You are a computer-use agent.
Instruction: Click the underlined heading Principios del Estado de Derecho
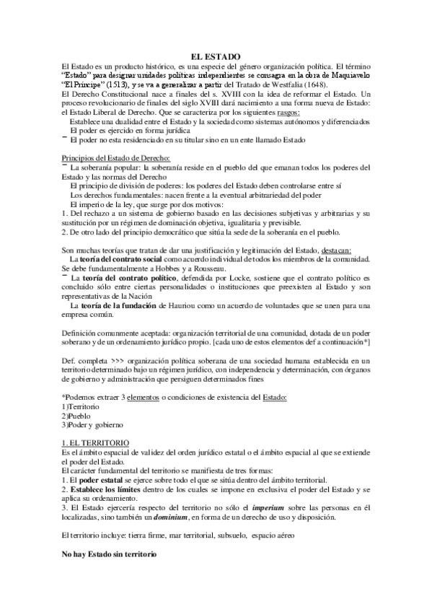tap(116, 157)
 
